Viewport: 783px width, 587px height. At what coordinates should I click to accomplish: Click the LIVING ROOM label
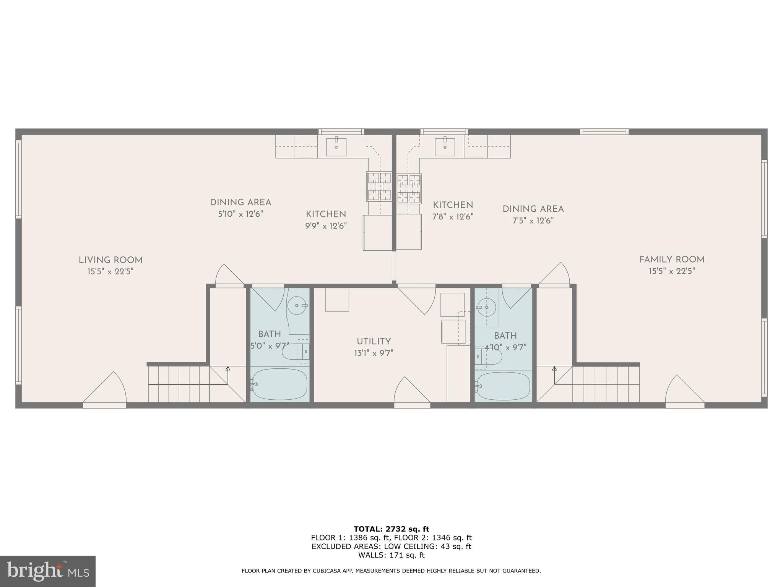[x=110, y=260]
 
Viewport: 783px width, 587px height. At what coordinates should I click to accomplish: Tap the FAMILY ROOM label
[x=672, y=259]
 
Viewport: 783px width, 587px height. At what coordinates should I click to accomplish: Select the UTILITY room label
[x=374, y=341]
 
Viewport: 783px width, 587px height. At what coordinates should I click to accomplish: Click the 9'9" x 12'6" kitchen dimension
[x=326, y=226]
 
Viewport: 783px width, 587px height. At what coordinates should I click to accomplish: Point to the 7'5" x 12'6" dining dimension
[x=533, y=221]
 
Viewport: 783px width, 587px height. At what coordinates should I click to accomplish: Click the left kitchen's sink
[x=336, y=147]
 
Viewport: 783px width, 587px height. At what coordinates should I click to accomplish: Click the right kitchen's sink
[x=445, y=147]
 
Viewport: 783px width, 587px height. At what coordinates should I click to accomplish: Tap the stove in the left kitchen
[x=379, y=186]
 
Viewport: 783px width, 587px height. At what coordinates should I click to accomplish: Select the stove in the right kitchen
[x=409, y=189]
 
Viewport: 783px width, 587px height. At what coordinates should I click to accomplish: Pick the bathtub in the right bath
[x=504, y=386]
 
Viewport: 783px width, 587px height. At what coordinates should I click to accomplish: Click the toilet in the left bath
[x=294, y=352]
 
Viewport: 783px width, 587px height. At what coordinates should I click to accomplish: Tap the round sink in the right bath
[x=487, y=307]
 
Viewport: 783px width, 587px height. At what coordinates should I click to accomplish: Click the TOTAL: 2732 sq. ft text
[x=391, y=529]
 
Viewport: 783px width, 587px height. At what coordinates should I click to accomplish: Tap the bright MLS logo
[x=48, y=571]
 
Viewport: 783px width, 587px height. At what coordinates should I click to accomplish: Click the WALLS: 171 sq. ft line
[x=391, y=555]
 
